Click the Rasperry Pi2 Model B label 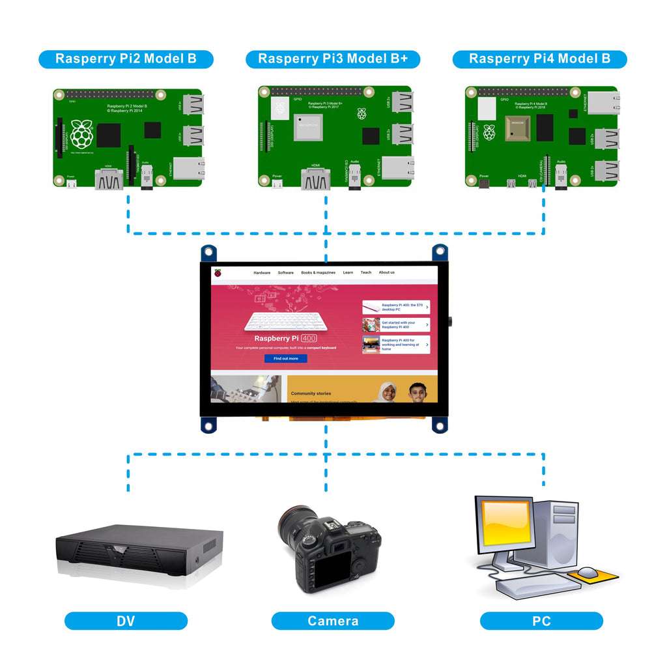[126, 59]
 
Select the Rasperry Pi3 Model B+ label [333, 59]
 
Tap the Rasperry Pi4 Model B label [540, 59]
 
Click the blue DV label [126, 621]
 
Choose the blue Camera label [333, 621]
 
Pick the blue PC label [541, 621]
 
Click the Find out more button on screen [285, 358]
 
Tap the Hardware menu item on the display [262, 272]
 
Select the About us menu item [387, 272]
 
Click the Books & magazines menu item [318, 272]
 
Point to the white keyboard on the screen [285, 321]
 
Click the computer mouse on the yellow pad [588, 573]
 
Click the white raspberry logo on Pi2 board [81, 133]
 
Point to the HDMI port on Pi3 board [315, 179]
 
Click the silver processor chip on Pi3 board [308, 127]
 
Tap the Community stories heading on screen [311, 393]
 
